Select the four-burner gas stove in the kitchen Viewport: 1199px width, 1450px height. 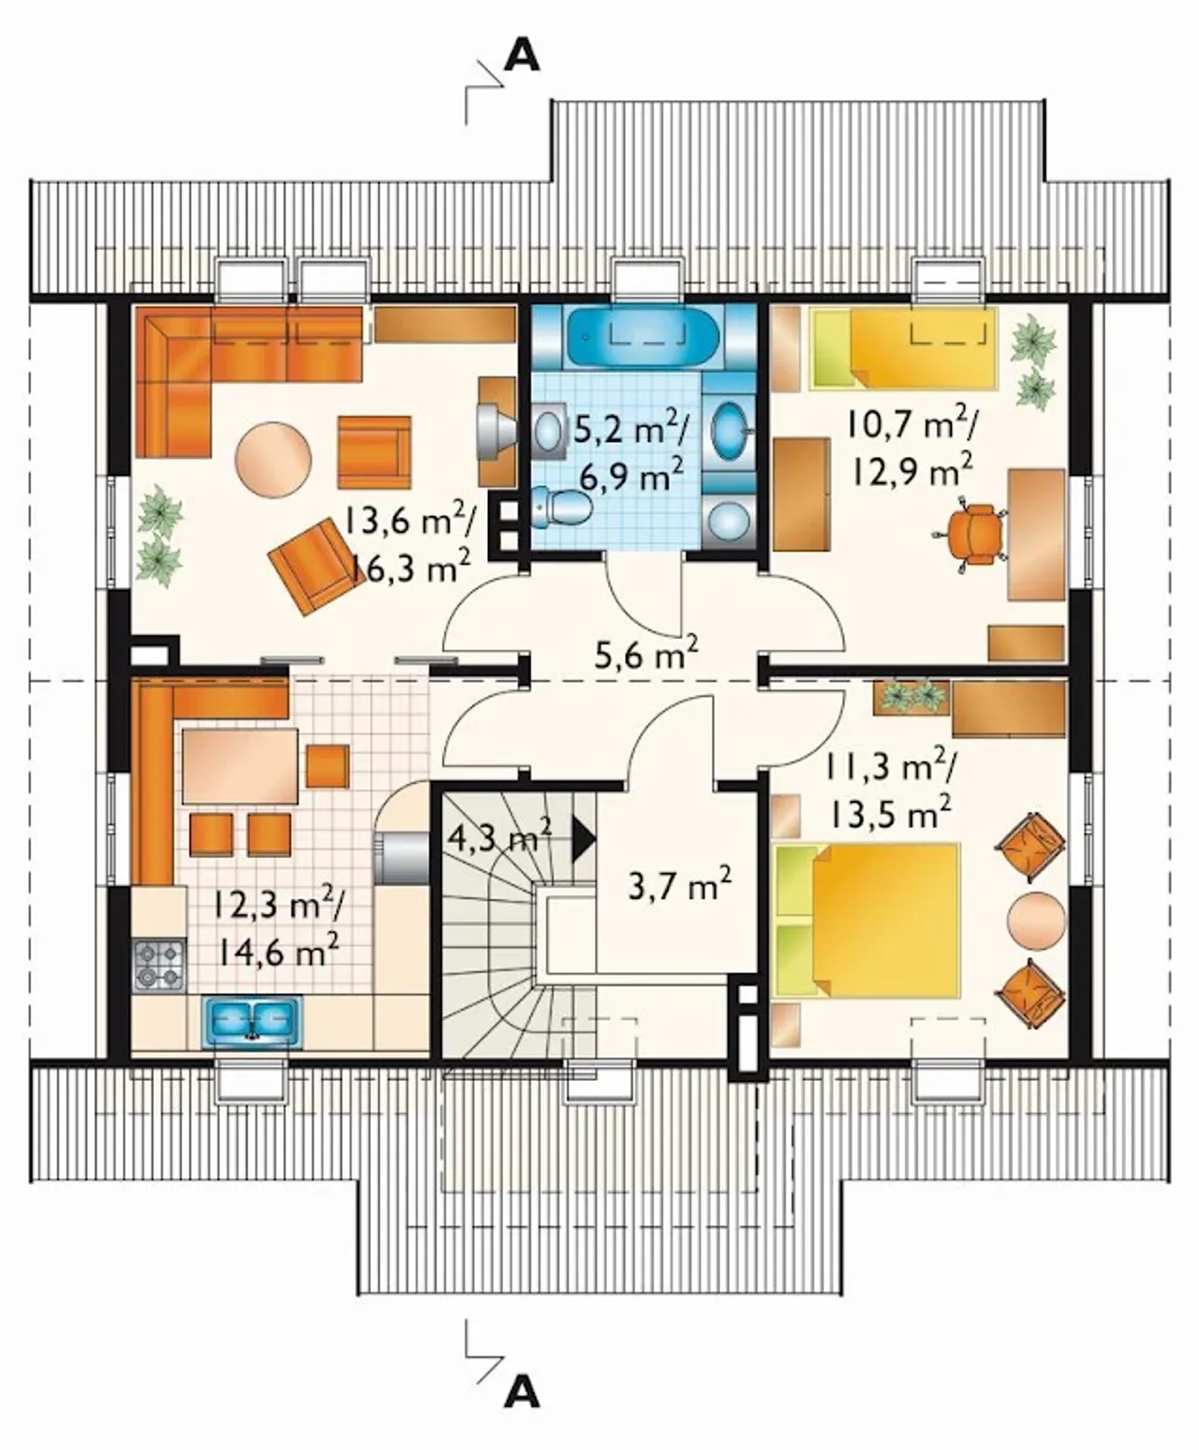coord(159,965)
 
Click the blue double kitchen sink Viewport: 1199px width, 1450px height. coord(252,1024)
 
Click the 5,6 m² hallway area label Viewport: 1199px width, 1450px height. coord(646,654)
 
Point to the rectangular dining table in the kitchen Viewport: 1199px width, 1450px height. coord(240,766)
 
